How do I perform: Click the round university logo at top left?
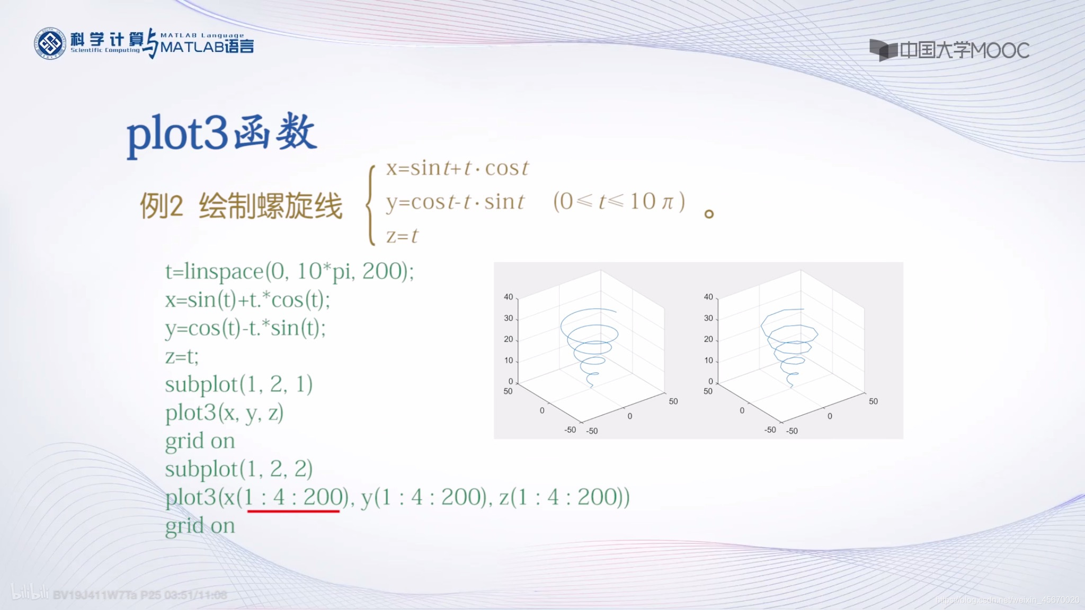coord(50,43)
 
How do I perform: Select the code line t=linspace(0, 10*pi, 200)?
coord(289,272)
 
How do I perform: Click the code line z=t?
coord(182,356)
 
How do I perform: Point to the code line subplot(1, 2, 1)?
coord(238,384)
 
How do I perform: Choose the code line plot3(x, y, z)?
coord(224,413)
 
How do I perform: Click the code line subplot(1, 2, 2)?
coord(238,469)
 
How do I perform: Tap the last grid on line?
coord(200,526)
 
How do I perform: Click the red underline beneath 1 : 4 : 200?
coord(293,511)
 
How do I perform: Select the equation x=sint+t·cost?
coord(457,168)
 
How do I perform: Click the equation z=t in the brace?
coord(402,236)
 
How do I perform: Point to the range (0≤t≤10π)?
coord(619,202)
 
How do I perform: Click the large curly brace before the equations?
coord(371,204)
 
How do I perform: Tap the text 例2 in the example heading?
coord(161,206)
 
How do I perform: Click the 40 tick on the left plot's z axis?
coord(508,297)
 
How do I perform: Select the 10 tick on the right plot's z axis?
coord(708,361)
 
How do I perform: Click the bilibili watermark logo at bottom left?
coord(30,593)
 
